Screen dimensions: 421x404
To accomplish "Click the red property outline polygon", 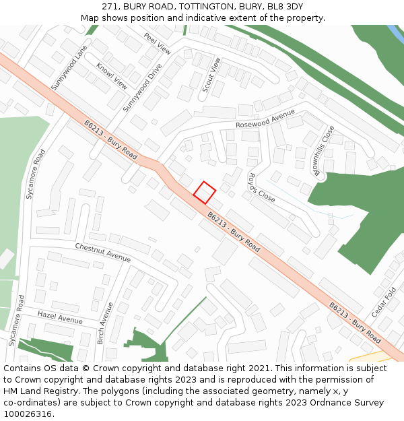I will point(205,192).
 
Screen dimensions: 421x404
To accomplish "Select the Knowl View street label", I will point(112,77).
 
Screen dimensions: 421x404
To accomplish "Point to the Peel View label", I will point(158,43).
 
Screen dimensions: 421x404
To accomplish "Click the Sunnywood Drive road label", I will point(143,89).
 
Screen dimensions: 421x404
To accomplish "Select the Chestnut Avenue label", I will point(103,253).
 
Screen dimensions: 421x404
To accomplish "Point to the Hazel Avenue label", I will point(60,317).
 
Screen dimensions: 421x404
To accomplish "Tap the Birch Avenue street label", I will point(105,323).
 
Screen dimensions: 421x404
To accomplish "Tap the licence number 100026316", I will point(27,414).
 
